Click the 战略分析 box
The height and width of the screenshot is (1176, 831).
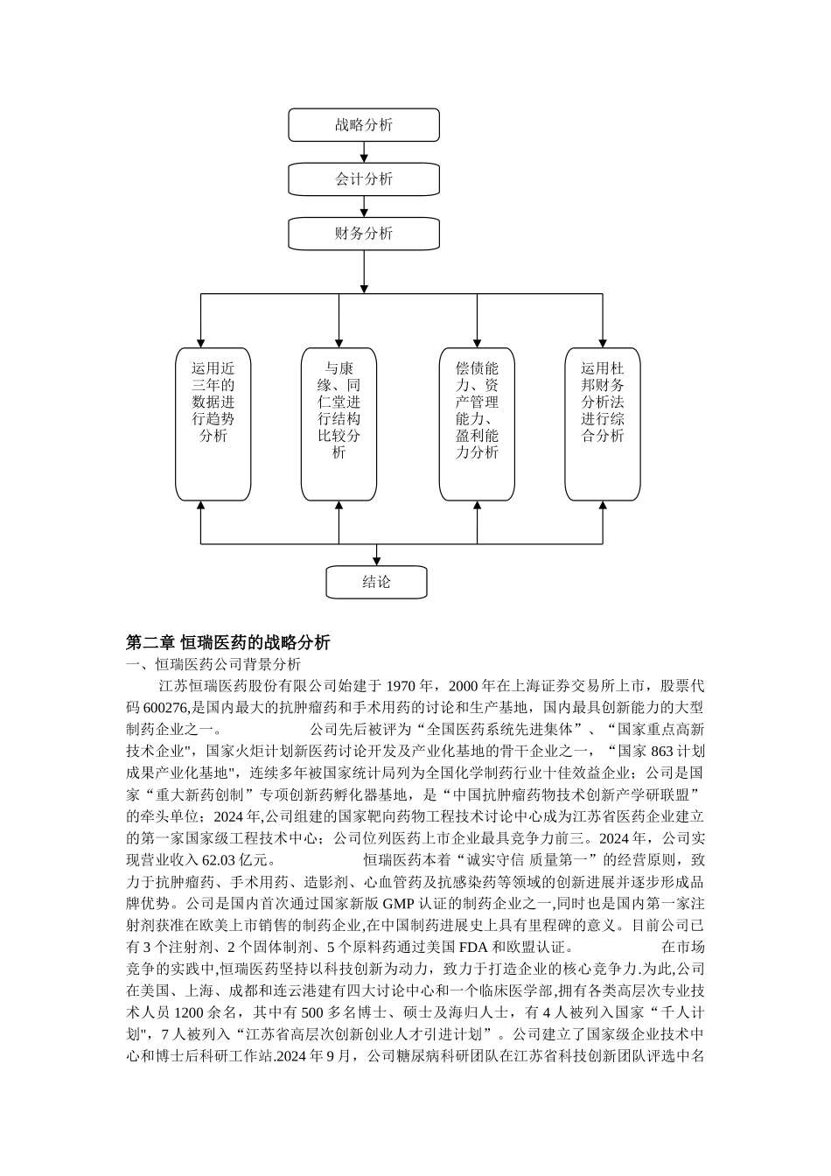click(x=364, y=124)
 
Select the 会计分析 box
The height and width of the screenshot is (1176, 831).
click(x=364, y=178)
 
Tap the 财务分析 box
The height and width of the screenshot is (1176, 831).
click(x=364, y=233)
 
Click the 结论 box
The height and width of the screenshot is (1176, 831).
click(x=376, y=582)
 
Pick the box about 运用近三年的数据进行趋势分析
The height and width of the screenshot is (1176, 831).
click(x=213, y=423)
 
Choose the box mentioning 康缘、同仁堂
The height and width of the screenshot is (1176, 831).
click(x=339, y=423)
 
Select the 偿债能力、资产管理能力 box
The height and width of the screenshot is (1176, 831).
click(x=477, y=423)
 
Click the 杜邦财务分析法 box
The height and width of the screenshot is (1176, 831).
click(x=603, y=423)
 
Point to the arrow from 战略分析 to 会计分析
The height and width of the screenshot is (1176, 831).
click(x=364, y=151)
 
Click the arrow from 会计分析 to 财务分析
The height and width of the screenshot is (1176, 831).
click(x=364, y=206)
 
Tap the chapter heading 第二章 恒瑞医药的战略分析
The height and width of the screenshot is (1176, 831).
click(x=228, y=642)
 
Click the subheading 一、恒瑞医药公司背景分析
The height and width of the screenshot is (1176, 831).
click(x=214, y=664)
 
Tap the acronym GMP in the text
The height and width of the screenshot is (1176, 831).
click(x=411, y=903)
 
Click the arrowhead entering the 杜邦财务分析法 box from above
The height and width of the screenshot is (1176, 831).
click(x=603, y=341)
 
